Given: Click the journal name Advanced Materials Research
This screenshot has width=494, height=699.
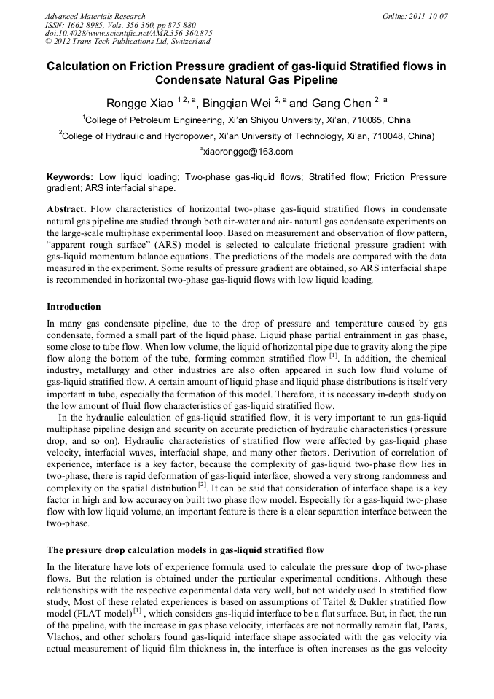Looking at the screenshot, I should click(95, 15).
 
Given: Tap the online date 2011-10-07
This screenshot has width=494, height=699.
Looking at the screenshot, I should click(427, 15).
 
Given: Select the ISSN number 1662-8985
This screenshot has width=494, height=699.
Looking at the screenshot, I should click(85, 24).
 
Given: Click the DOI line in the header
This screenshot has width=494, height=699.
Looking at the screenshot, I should click(129, 33).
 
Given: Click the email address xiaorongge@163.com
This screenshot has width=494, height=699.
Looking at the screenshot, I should click(248, 152).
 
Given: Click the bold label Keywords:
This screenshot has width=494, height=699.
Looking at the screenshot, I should click(70, 177).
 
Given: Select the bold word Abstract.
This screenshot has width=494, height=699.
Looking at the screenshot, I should click(66, 209).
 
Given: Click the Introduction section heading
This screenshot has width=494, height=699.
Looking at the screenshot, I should click(74, 306).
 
